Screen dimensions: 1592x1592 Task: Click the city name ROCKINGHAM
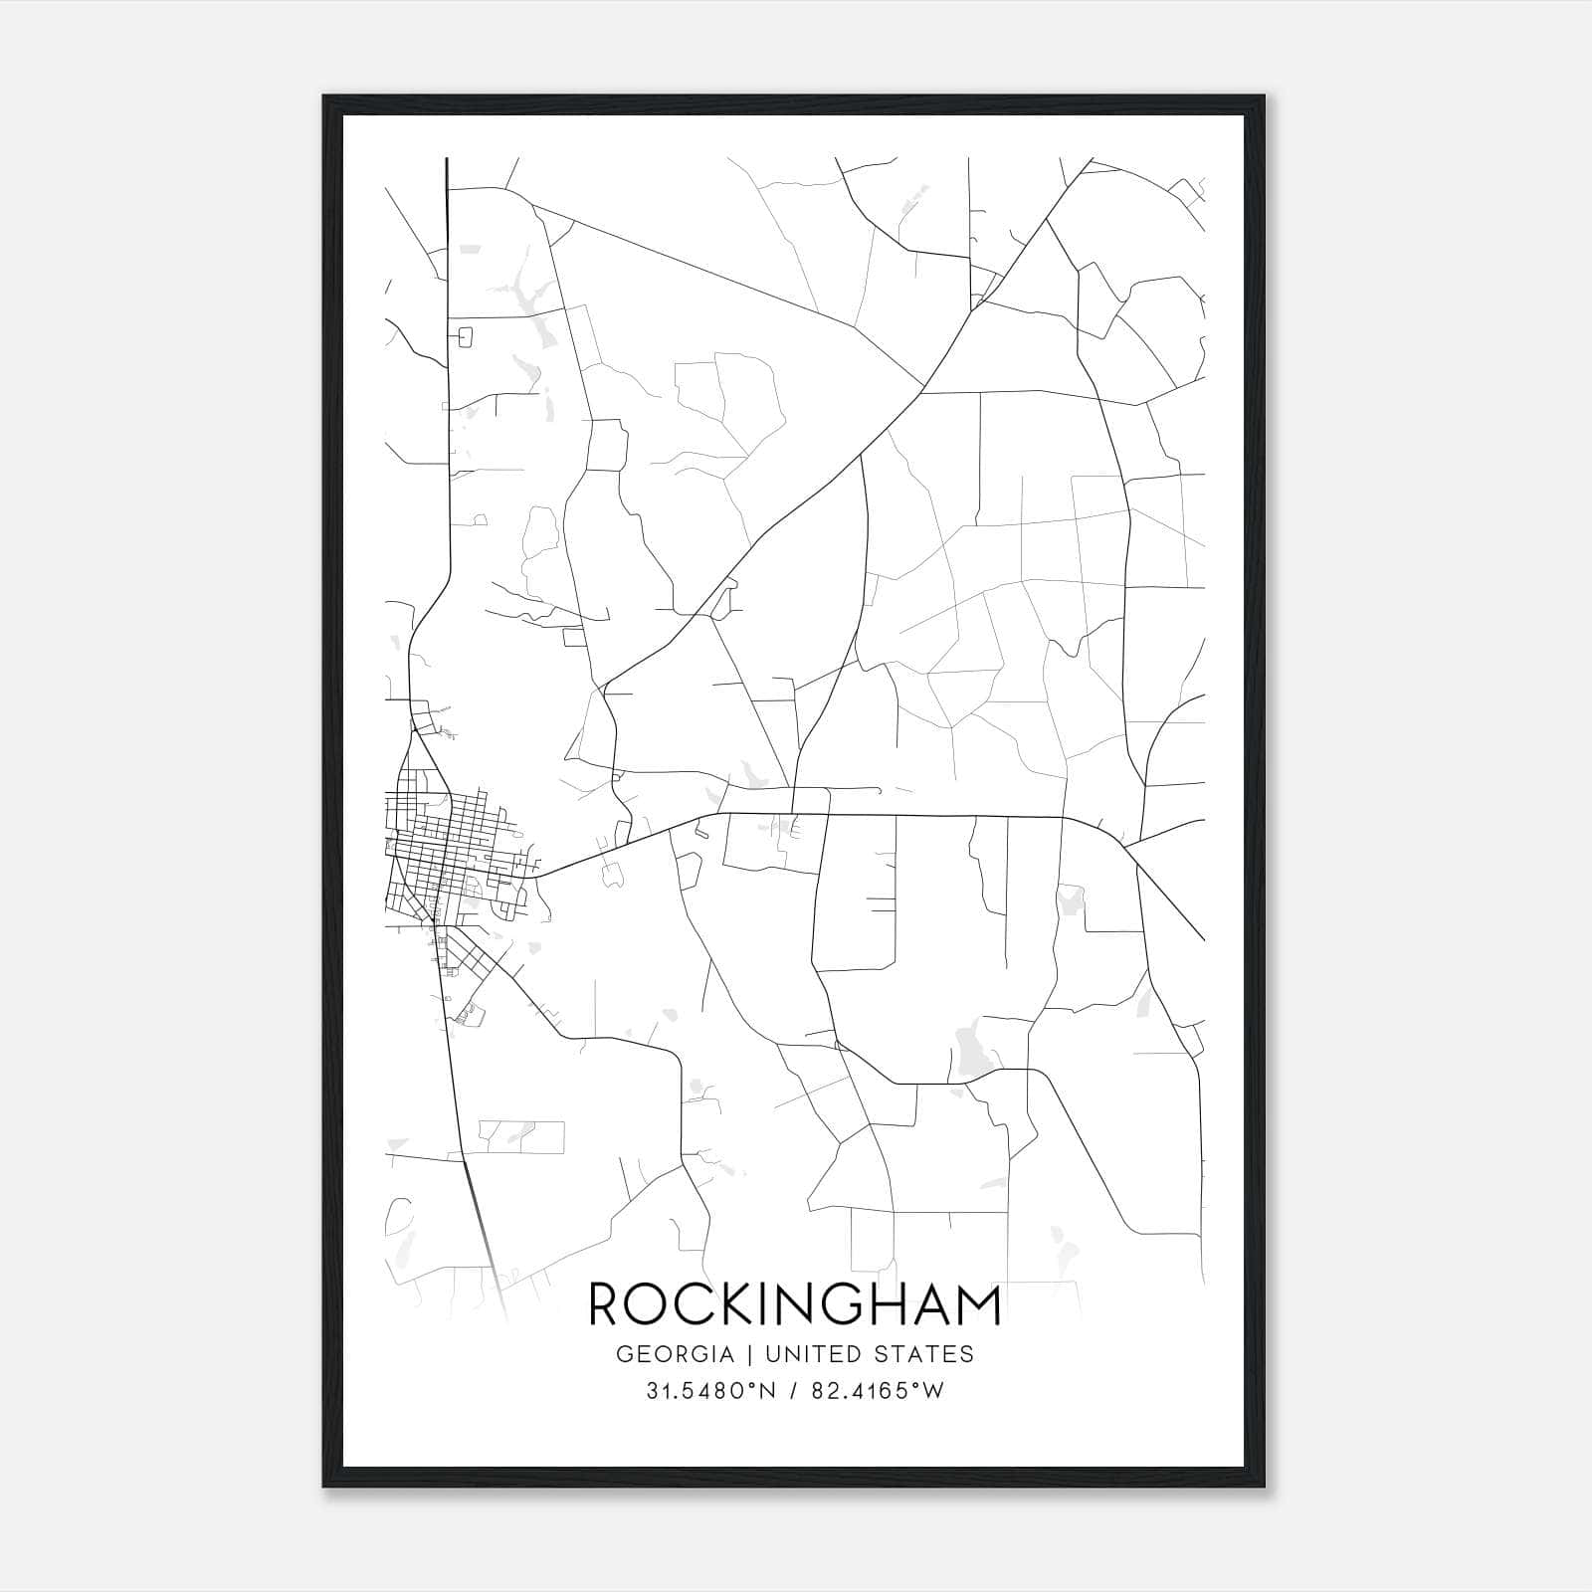click(795, 1304)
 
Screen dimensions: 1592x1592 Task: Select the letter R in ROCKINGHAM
click(605, 1304)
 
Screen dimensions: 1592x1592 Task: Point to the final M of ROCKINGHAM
click(976, 1304)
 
